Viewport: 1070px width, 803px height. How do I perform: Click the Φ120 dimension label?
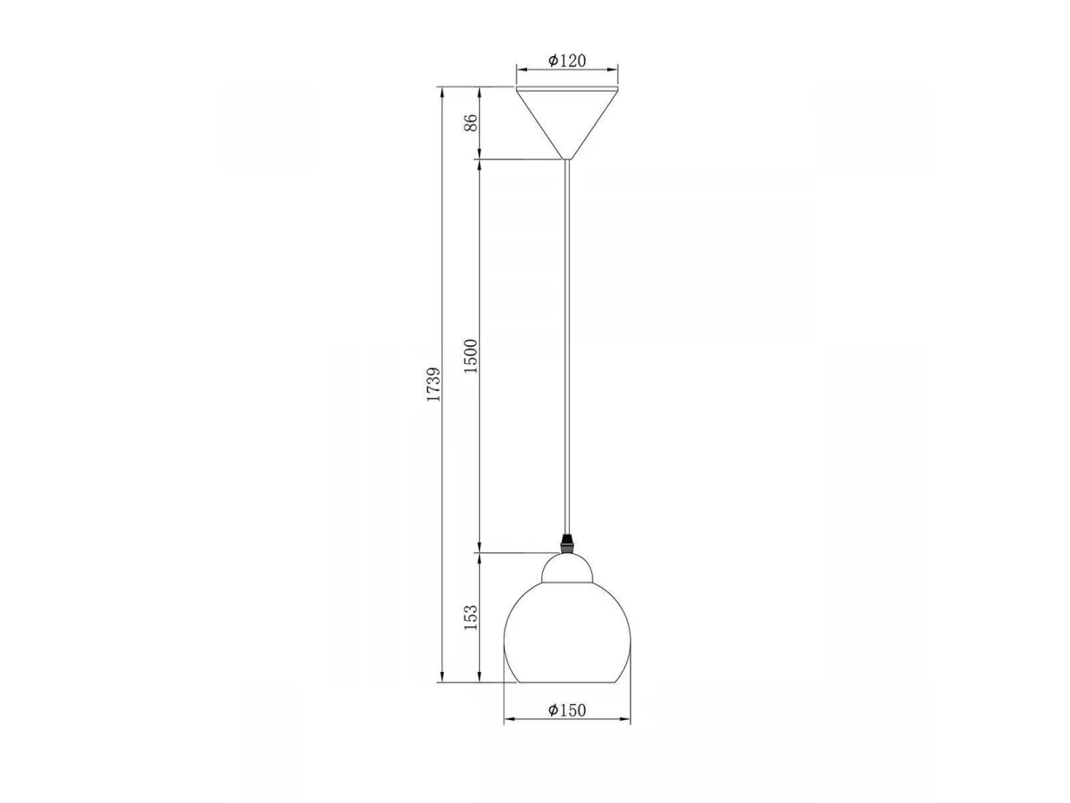coord(566,61)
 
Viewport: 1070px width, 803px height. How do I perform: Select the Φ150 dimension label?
coord(566,710)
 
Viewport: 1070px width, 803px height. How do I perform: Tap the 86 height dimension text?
coord(471,122)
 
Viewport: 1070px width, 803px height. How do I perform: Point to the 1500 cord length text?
coord(471,356)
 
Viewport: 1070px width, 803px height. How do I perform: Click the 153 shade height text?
coord(471,617)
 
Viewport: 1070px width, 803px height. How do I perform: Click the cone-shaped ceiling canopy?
coord(567,123)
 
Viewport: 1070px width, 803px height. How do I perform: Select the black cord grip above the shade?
coord(566,543)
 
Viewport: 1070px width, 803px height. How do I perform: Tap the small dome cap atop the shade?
coord(567,568)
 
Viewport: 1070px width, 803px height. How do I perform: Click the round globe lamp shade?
coord(567,632)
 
